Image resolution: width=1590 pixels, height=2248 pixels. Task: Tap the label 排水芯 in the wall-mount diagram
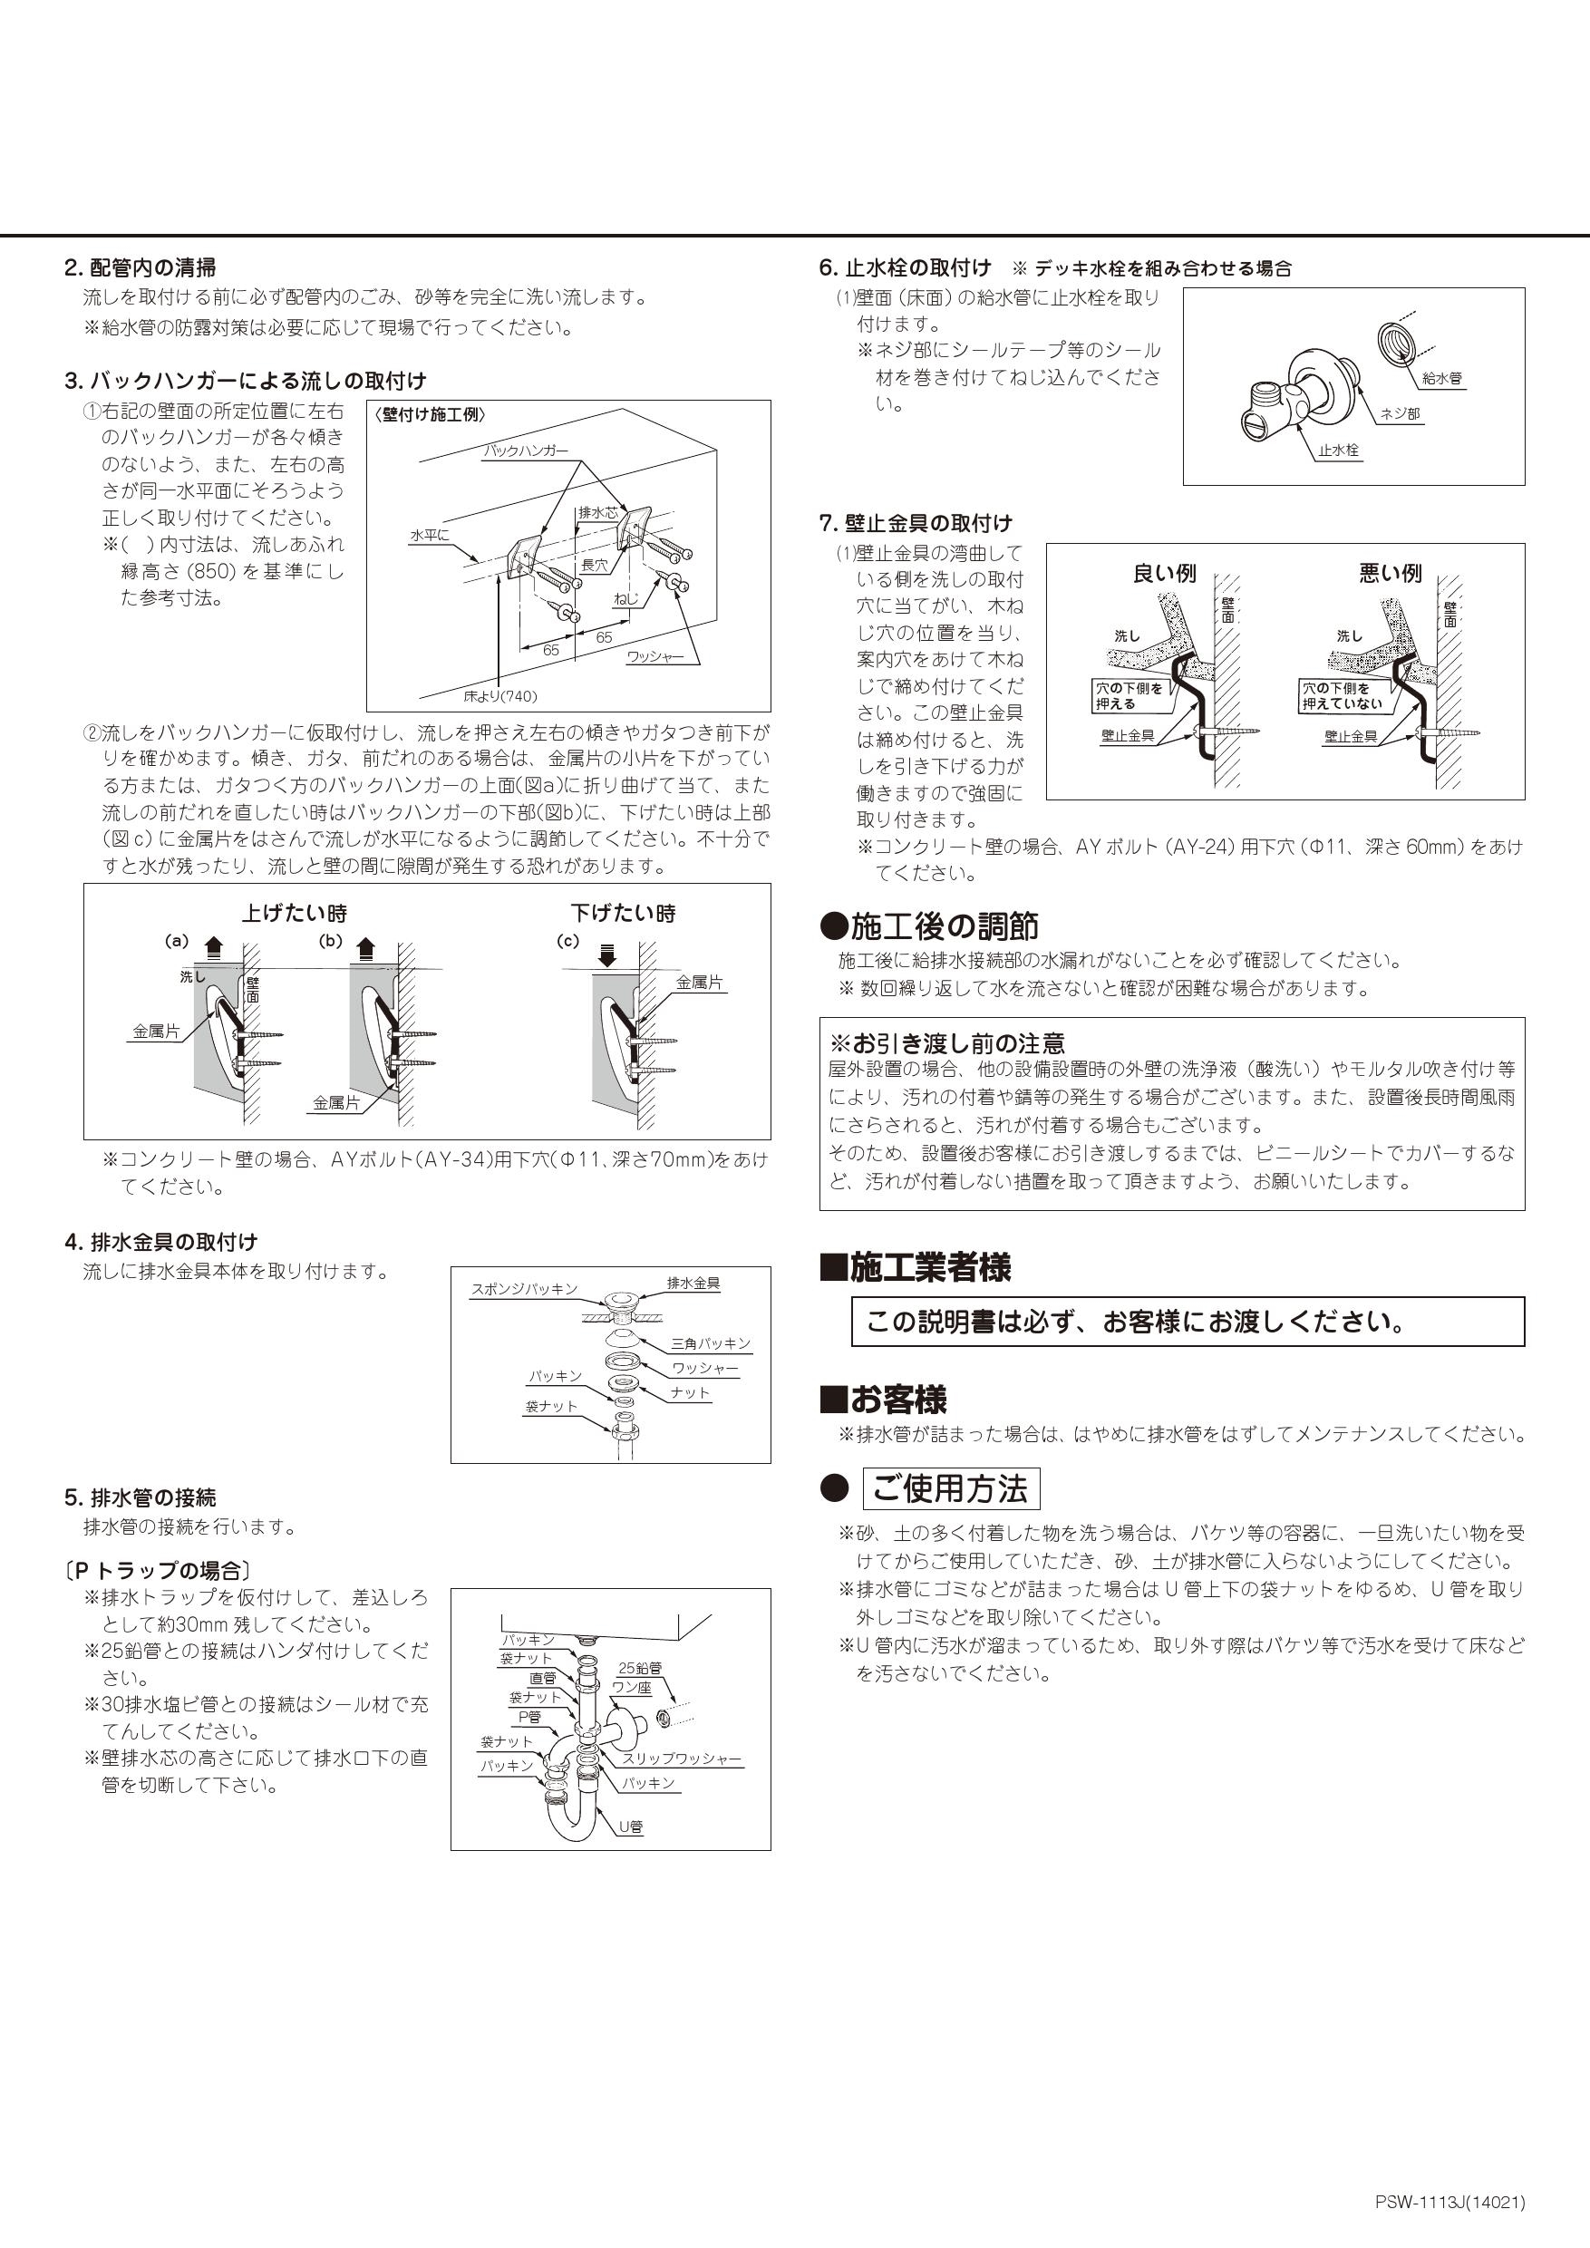point(597,512)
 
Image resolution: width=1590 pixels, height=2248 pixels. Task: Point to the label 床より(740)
point(500,696)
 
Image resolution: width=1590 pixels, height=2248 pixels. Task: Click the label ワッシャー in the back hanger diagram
point(655,657)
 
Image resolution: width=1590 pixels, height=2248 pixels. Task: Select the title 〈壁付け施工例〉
point(430,415)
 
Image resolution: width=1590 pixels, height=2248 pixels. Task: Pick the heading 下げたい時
point(624,914)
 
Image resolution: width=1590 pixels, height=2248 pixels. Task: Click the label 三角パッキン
point(711,1343)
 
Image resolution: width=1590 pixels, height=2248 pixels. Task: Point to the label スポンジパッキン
point(524,1288)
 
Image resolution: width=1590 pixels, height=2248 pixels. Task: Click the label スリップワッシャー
point(683,1759)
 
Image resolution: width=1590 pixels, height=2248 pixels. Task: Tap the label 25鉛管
point(639,1667)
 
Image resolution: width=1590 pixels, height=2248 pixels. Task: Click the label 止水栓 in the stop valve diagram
point(1338,451)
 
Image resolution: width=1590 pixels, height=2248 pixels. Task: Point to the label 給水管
point(1442,379)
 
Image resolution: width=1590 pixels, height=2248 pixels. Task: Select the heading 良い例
point(1164,574)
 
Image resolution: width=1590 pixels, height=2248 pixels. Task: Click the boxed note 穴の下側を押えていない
point(1343,696)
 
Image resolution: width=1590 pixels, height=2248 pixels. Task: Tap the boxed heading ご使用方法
point(950,1489)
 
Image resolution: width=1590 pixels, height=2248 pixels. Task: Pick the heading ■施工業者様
point(916,1268)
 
